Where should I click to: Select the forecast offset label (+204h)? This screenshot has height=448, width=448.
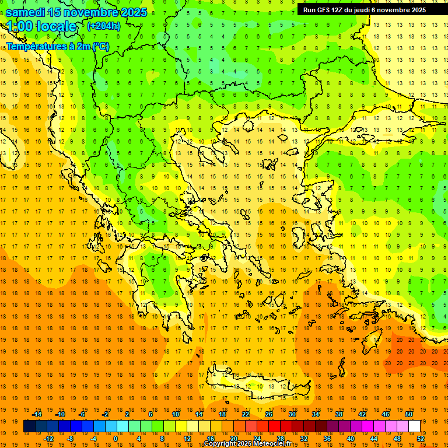pos(104,26)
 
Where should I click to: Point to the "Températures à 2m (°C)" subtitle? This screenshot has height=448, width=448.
pos(57,46)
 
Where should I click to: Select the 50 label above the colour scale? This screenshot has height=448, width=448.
pos(409,414)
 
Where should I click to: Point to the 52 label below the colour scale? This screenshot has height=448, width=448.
pos(421,439)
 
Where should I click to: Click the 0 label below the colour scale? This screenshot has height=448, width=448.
pos(116,439)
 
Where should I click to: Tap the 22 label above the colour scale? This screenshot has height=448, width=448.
pos(246,414)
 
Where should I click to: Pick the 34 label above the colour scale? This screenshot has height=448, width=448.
pos(316,414)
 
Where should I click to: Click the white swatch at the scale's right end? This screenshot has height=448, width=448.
pos(415,426)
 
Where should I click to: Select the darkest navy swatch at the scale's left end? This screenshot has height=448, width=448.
pos(30,426)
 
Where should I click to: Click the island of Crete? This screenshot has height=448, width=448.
pos(257,386)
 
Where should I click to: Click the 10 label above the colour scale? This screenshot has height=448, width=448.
pos(176,414)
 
